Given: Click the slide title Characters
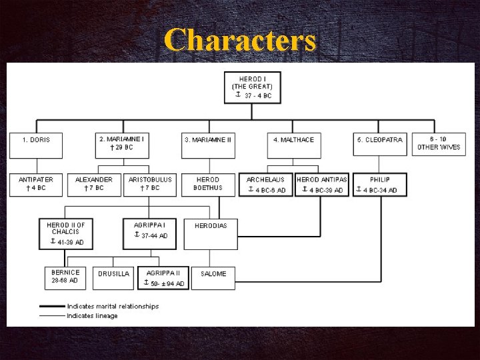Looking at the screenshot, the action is pyautogui.click(x=240, y=40).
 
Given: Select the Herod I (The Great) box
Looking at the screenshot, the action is pyautogui.click(x=252, y=87).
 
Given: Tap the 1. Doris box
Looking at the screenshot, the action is pyautogui.click(x=36, y=145).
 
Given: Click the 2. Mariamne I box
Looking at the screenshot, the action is pyautogui.click(x=122, y=145).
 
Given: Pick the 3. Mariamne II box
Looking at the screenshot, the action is pyautogui.click(x=208, y=145).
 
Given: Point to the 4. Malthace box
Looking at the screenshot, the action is pyautogui.click(x=293, y=145).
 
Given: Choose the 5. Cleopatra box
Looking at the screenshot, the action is pyautogui.click(x=379, y=145).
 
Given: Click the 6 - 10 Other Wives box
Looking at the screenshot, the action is pyautogui.click(x=439, y=144).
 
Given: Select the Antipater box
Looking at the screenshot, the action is pyautogui.click(x=36, y=184).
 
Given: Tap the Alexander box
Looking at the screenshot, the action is pyautogui.click(x=94, y=184).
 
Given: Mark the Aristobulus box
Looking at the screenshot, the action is pyautogui.click(x=150, y=184).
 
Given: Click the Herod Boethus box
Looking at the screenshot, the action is pyautogui.click(x=208, y=184).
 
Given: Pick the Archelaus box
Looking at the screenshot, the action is pyautogui.click(x=266, y=185).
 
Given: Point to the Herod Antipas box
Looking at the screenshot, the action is pyautogui.click(x=322, y=185).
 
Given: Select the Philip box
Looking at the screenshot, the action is pyautogui.click(x=379, y=185).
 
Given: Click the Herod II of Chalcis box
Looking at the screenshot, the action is pyautogui.click(x=66, y=233).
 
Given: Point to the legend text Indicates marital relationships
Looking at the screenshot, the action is pyautogui.click(x=113, y=307).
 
